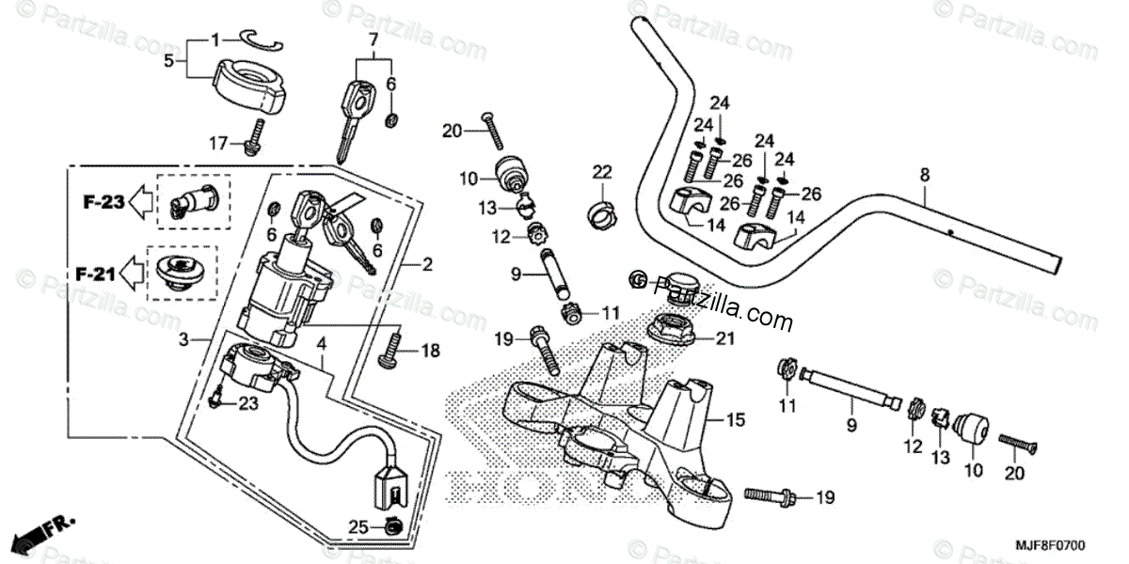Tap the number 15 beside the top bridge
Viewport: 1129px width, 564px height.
coord(737,420)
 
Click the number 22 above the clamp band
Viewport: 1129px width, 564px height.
coord(602,171)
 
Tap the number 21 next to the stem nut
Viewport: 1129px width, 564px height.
coord(724,339)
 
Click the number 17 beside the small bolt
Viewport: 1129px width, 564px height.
coord(218,143)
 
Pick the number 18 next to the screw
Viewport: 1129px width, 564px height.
coord(430,352)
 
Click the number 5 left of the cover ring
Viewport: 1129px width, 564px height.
coord(169,60)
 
